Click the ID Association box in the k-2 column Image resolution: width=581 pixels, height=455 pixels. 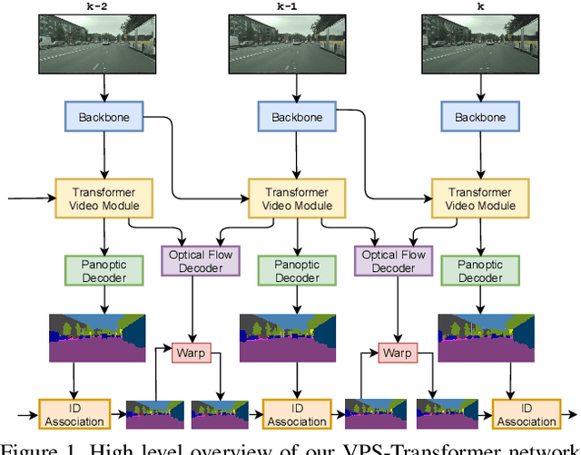click(74, 414)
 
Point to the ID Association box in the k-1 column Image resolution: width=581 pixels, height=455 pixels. click(297, 414)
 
